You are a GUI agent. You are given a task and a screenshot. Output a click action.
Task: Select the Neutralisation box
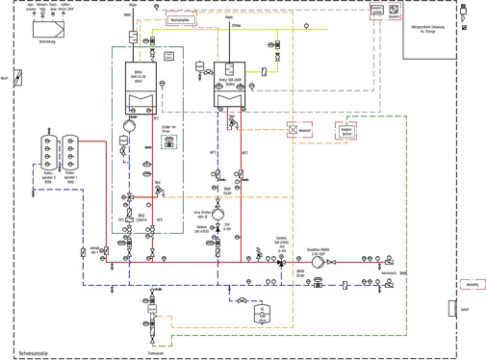[179, 19]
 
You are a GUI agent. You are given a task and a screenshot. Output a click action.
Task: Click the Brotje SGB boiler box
[228, 83]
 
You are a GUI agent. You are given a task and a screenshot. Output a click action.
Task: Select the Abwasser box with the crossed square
[294, 129]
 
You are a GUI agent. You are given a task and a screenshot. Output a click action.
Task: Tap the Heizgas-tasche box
[346, 132]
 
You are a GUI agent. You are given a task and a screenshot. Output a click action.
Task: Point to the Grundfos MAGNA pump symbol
[318, 261]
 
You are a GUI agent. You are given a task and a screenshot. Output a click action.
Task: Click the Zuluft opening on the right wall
[451, 309]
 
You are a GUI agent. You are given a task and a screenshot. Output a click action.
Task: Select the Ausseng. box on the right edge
[472, 285]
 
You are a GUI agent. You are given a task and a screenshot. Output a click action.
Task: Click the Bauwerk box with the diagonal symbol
[394, 12]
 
